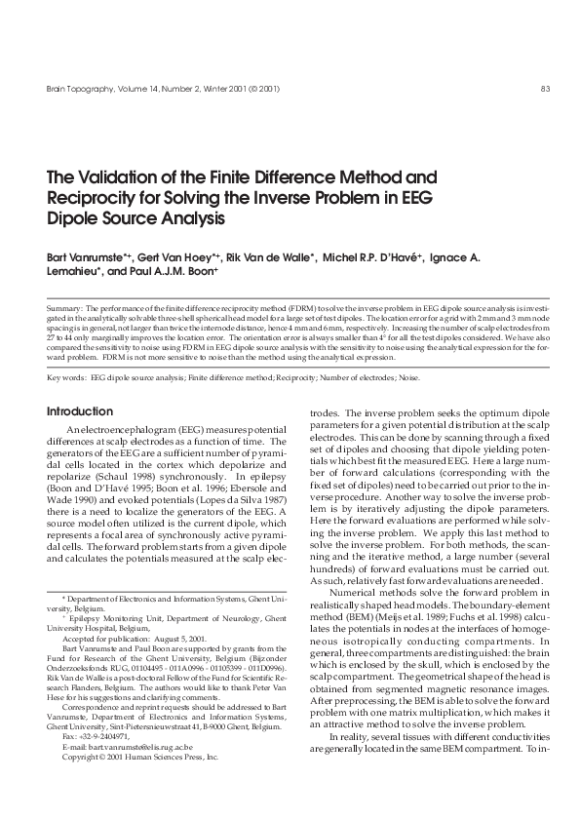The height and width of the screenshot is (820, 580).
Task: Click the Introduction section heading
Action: click(x=80, y=411)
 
